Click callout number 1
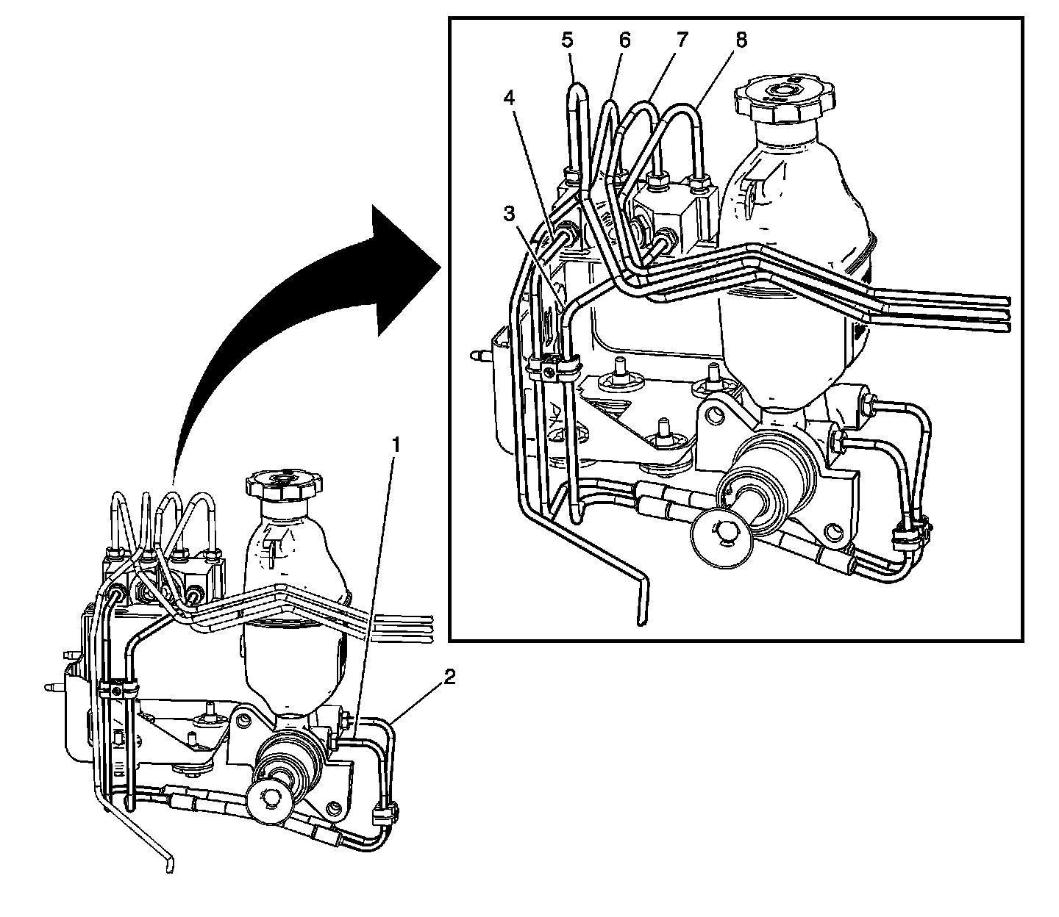pos(396,445)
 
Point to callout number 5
pos(567,40)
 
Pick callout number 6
pos(624,40)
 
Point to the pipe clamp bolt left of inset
pos(550,373)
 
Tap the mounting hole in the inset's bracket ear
pos(713,417)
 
